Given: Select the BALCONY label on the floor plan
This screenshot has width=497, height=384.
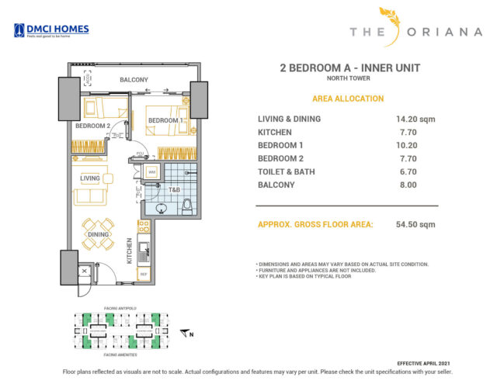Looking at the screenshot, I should click(134, 80).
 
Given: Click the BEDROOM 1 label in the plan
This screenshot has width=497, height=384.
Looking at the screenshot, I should click(165, 120).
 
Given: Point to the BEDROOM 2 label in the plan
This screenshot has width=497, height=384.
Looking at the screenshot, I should click(92, 126).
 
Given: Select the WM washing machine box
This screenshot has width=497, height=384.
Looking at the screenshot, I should click(152, 172).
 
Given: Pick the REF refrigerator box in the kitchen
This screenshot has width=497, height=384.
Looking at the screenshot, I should click(143, 274).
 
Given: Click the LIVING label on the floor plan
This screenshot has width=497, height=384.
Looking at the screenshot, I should click(90, 178).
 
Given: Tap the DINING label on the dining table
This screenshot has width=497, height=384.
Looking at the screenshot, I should click(98, 234).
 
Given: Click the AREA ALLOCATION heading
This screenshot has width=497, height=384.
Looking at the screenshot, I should click(347, 99).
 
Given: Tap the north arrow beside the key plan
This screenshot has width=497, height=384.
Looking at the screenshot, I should click(186, 334).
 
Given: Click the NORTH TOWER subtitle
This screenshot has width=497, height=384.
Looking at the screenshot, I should click(349, 81).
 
